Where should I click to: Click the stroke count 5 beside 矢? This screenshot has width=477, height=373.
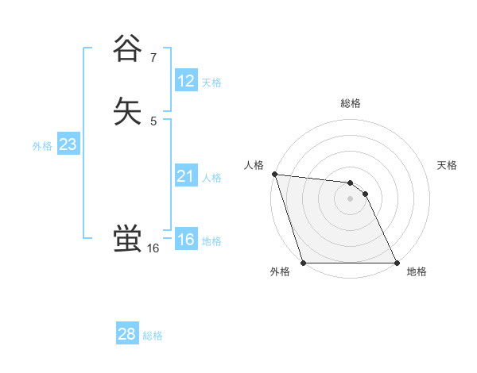pyautogui.click(x=153, y=121)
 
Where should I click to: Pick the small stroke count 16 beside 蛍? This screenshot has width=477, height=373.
pyautogui.click(x=153, y=248)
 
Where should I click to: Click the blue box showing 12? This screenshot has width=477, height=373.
pyautogui.click(x=185, y=81)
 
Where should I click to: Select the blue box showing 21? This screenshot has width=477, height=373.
pyautogui.click(x=185, y=176)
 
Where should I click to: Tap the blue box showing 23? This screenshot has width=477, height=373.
pyautogui.click(x=68, y=144)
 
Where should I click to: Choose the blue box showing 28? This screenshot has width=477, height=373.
pyautogui.click(x=126, y=334)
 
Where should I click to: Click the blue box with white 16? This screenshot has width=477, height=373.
pyautogui.click(x=185, y=240)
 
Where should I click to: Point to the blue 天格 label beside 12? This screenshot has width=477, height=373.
pyautogui.click(x=211, y=83)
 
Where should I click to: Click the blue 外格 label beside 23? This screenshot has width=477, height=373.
pyautogui.click(x=42, y=146)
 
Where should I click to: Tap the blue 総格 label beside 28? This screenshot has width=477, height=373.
pyautogui.click(x=153, y=336)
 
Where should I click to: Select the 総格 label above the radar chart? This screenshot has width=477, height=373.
pyautogui.click(x=351, y=103)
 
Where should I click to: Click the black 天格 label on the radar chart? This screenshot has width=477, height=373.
pyautogui.click(x=448, y=165)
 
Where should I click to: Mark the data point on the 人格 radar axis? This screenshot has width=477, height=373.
pyautogui.click(x=274, y=175)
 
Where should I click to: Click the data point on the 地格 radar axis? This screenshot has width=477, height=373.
pyautogui.click(x=397, y=263)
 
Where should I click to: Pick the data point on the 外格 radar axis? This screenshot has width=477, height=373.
pyautogui.click(x=304, y=263)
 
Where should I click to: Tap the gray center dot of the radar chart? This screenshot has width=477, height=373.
pyautogui.click(x=351, y=199)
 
